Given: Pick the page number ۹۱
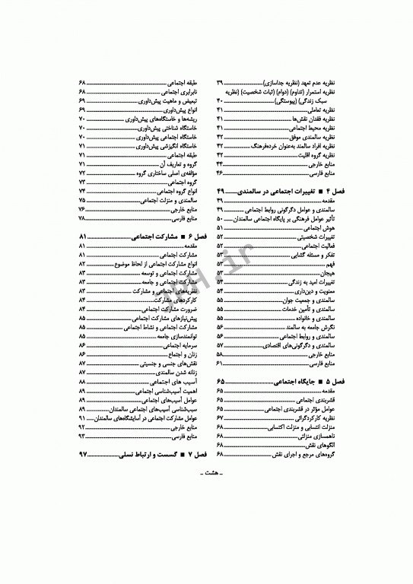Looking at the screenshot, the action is pyautogui.click(x=82, y=417).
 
